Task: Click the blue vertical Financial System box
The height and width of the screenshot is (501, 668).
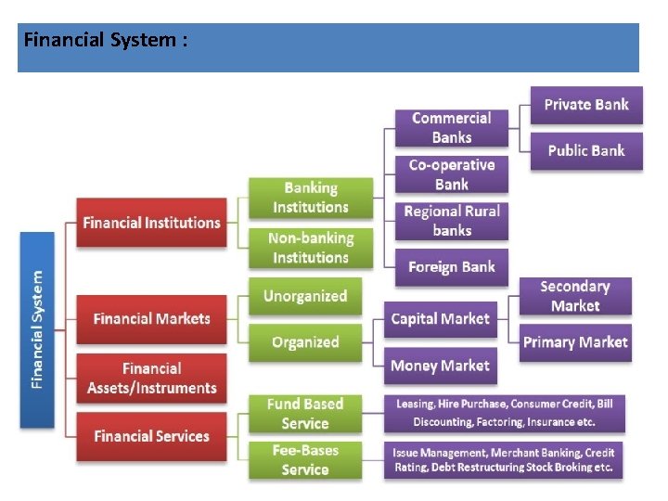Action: pos(36,329)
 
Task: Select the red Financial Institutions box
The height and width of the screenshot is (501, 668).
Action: pos(151,223)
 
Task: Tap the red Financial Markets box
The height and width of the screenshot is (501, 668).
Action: pos(151,318)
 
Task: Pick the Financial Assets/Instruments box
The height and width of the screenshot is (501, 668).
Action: pos(151,378)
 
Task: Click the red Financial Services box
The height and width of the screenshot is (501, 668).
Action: pos(151,436)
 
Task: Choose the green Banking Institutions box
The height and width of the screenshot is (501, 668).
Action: pos(310,198)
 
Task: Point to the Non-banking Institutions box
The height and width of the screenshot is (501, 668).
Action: pos(310,248)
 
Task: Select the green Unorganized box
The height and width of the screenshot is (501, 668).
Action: pos(305,297)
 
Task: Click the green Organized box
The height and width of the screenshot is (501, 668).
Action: pos(305,342)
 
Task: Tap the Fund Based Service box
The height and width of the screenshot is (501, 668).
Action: pos(305,414)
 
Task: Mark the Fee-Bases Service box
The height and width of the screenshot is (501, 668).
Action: pos(305,460)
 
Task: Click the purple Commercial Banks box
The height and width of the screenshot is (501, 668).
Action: pos(452,127)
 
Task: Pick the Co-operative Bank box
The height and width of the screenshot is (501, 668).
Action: pos(452,173)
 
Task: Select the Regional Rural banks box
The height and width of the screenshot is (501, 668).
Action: pos(452,220)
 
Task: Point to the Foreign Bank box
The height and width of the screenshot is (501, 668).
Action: pos(452,266)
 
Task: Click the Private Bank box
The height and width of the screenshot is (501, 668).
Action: pos(585,105)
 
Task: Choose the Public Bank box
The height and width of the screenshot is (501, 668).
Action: pos(585,150)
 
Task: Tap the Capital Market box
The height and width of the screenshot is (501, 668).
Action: pos(440,319)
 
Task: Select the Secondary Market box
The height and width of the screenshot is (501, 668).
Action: pos(575,296)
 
